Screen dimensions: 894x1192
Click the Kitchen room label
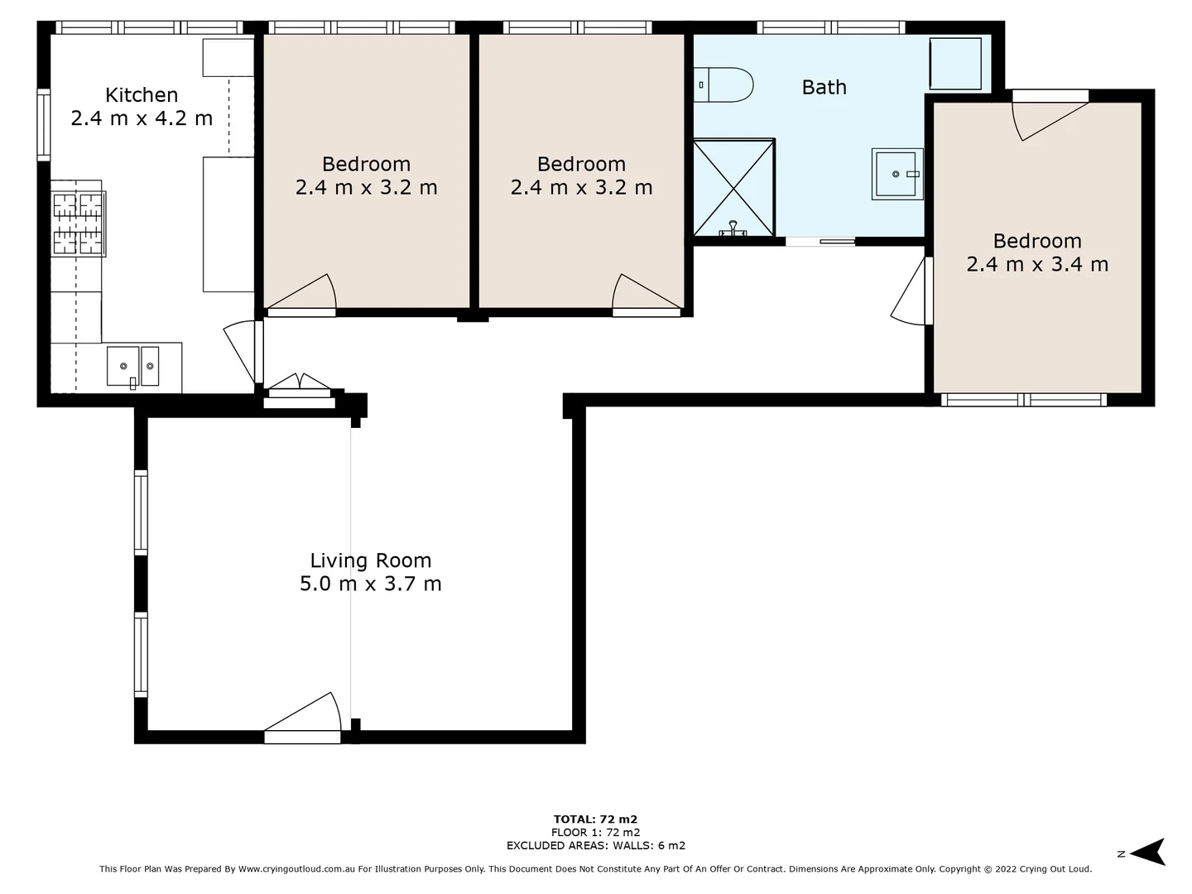142,95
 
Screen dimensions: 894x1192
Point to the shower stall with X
733,188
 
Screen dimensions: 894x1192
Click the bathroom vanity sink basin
896,174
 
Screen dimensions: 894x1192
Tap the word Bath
824,87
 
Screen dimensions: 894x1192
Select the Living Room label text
370,560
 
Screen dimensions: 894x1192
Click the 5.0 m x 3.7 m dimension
370,584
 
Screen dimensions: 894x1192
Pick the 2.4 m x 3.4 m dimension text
1036,264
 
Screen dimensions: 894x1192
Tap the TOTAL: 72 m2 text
595,819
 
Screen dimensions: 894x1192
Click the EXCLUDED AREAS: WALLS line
595,845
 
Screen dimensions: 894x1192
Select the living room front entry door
303,720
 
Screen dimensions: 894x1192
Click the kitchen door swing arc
240,352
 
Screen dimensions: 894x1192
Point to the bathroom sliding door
819,242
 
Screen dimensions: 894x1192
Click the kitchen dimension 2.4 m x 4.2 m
142,118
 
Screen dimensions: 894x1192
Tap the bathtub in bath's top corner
955,64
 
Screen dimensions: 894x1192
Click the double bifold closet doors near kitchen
300,385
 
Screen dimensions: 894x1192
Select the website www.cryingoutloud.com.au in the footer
296,869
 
